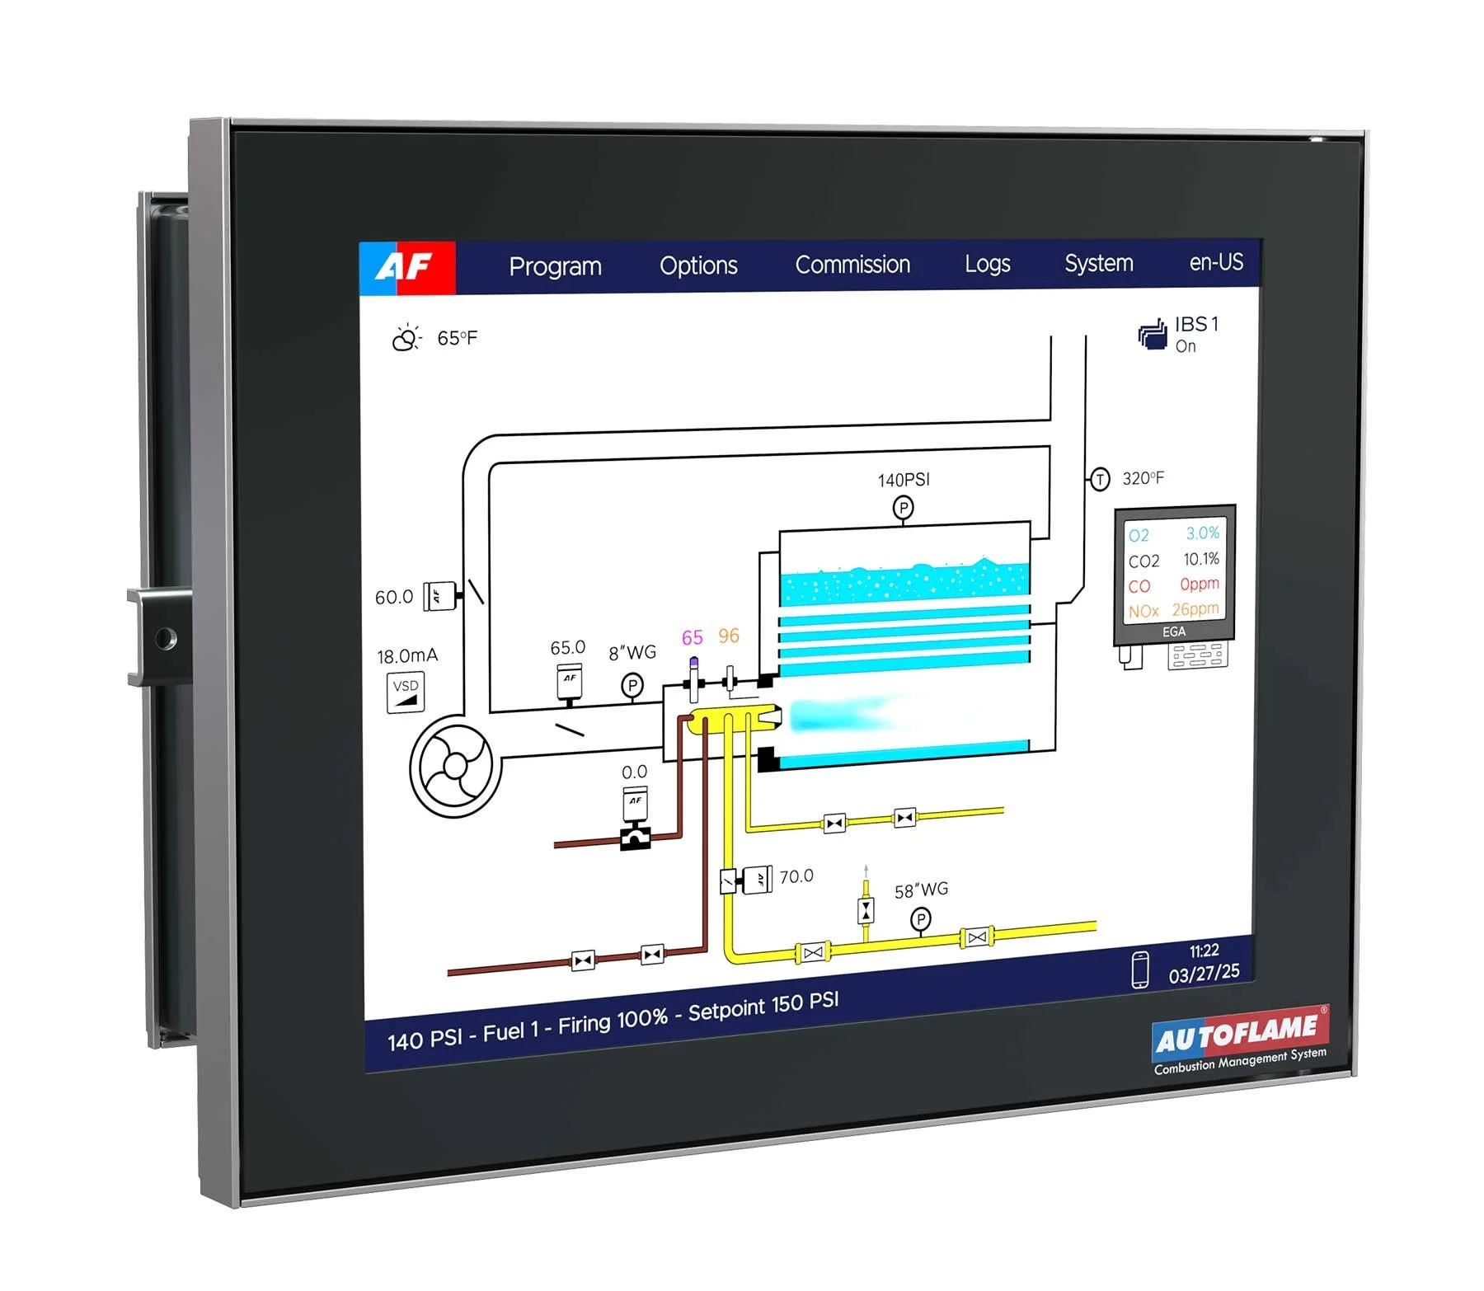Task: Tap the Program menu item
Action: click(555, 266)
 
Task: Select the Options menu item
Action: click(698, 265)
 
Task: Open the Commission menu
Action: click(852, 265)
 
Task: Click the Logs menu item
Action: click(987, 264)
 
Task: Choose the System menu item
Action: click(1098, 263)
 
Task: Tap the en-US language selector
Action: click(1215, 262)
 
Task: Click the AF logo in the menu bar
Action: click(406, 267)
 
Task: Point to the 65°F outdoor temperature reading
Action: click(457, 338)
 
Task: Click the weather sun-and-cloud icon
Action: click(406, 338)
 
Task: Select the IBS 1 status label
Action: click(1195, 325)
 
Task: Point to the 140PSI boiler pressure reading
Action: click(903, 480)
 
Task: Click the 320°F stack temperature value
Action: click(1143, 478)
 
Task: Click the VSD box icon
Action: click(406, 692)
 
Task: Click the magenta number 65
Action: click(692, 637)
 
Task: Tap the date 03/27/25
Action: click(1204, 974)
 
